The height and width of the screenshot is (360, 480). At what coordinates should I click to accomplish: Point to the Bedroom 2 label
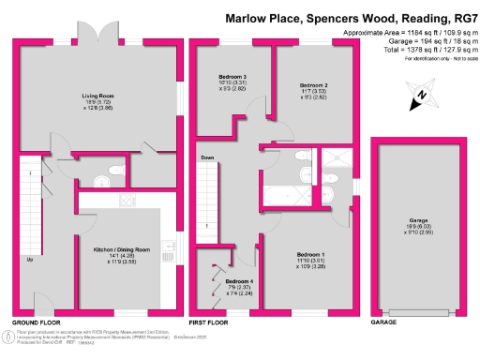[x=313, y=85]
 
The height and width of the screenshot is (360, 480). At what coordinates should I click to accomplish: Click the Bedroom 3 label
[x=232, y=76]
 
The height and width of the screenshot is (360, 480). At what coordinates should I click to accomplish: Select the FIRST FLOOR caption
[x=208, y=323]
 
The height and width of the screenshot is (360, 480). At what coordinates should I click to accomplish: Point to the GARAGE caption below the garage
[x=384, y=323]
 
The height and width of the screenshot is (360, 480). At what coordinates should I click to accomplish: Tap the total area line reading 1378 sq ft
[x=413, y=49]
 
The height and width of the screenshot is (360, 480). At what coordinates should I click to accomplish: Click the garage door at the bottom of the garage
[x=417, y=310]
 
